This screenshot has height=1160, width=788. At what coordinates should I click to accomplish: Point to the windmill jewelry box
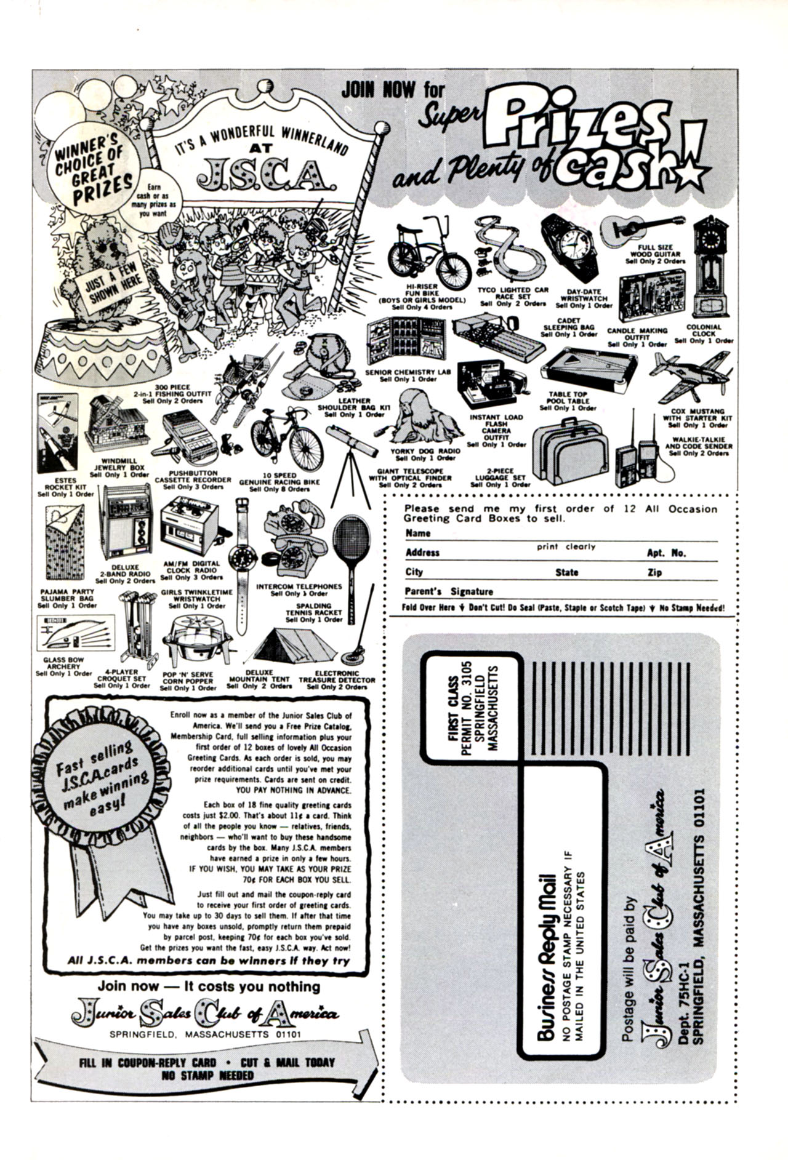click(x=116, y=425)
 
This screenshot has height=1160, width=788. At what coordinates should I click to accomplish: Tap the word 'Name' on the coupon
click(x=417, y=533)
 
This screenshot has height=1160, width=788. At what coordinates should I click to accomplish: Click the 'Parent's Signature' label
click(x=449, y=591)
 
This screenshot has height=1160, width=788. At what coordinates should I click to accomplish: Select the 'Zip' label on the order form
click(x=654, y=572)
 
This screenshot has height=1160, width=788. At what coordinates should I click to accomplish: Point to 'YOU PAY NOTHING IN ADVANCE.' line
click(x=293, y=790)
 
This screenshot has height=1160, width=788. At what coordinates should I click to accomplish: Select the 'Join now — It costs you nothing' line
click(x=209, y=986)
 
